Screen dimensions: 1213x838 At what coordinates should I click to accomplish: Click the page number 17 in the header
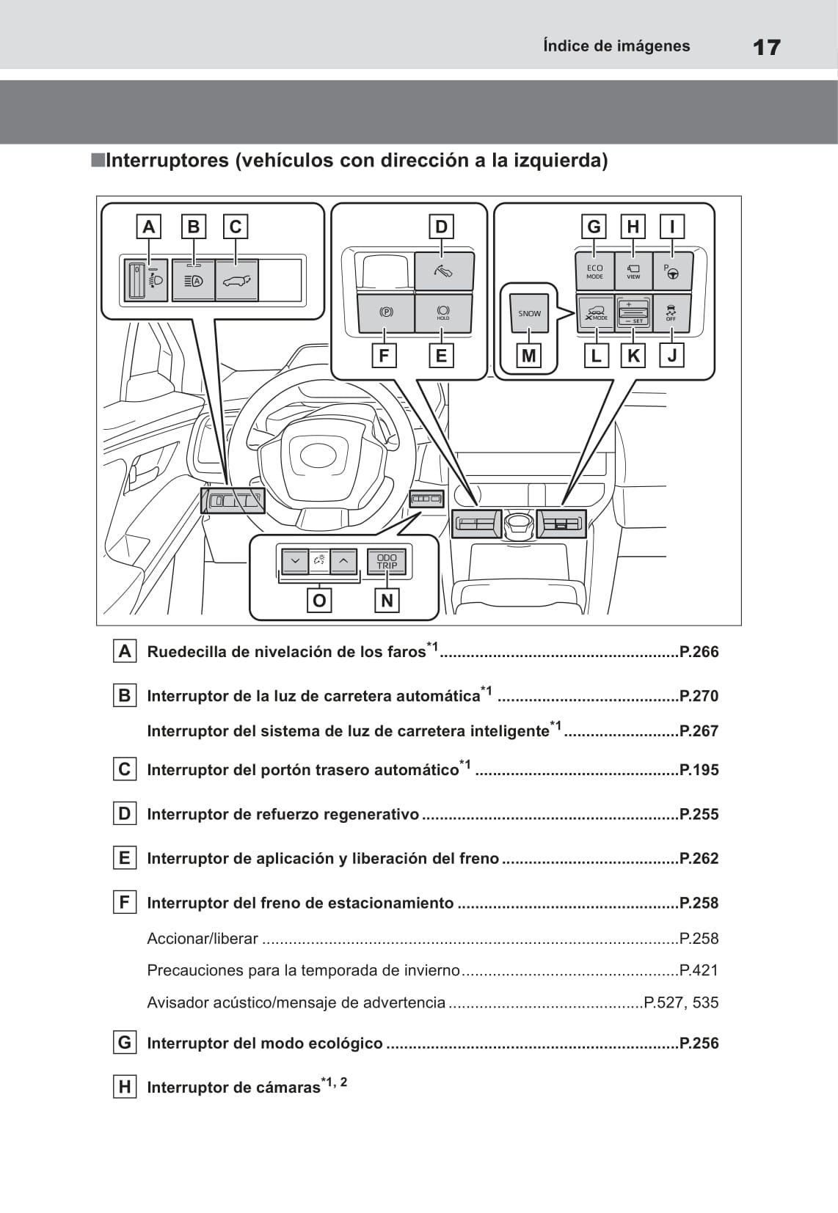[766, 48]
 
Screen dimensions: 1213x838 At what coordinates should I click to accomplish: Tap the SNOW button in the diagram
[529, 313]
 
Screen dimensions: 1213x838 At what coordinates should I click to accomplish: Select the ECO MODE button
[594, 271]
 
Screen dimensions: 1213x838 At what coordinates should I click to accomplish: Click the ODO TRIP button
[387, 562]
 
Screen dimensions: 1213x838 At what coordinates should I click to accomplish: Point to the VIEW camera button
[633, 271]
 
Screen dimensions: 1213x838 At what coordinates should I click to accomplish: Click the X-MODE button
[596, 313]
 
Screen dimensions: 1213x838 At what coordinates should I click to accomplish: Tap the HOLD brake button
[442, 312]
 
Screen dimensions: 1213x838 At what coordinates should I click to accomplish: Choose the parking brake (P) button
[386, 312]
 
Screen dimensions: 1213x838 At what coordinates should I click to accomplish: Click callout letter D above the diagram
[441, 227]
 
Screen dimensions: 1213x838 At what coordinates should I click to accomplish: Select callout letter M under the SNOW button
[528, 356]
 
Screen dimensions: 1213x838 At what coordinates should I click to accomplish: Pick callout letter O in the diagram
[319, 601]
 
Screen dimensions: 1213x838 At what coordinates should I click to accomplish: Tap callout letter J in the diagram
[671, 356]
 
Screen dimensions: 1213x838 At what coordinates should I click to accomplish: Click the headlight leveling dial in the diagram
[137, 280]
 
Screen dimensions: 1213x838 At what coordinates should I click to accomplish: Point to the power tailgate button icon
[236, 280]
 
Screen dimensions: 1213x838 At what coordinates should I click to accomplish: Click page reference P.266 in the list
[699, 652]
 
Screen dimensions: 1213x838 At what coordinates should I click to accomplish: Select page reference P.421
[699, 970]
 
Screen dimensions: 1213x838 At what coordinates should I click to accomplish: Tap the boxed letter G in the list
[125, 1042]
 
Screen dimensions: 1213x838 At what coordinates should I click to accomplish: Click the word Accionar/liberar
[203, 939]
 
